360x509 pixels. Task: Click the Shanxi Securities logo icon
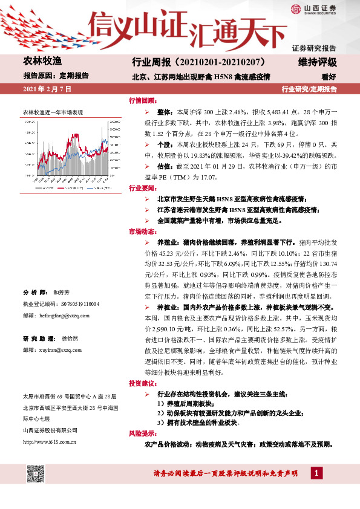pyautogui.click(x=295, y=9)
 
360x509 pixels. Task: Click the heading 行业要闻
pyautogui.click(x=142, y=188)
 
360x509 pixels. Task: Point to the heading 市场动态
pyautogui.click(x=142, y=232)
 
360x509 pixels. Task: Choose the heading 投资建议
pyautogui.click(x=142, y=384)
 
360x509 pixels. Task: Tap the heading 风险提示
pyautogui.click(x=142, y=434)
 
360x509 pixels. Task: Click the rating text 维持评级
pyautogui.click(x=317, y=62)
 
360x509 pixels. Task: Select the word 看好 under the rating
pyautogui.click(x=328, y=77)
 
